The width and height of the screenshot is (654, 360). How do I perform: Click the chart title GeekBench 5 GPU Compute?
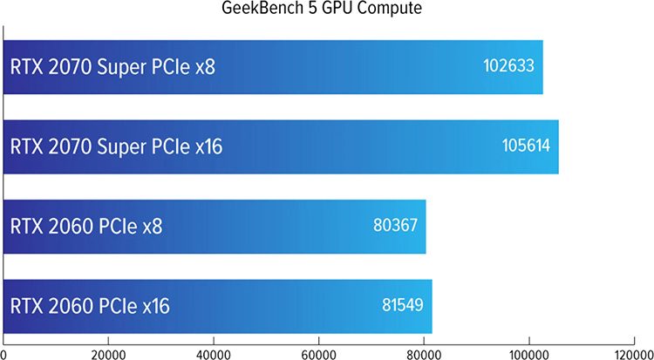point(327,10)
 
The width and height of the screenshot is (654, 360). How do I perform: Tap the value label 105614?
point(526,146)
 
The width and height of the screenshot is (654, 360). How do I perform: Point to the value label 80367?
point(395,225)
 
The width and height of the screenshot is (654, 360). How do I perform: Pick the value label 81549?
point(402,305)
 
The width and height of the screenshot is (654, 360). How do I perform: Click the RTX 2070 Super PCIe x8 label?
point(112,66)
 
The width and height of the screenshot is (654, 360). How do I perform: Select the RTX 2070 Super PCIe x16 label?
point(116,146)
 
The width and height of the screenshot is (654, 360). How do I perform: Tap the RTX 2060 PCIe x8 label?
point(86,226)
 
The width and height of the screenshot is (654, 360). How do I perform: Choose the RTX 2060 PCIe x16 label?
point(90,306)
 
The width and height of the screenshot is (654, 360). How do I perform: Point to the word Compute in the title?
point(388,10)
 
